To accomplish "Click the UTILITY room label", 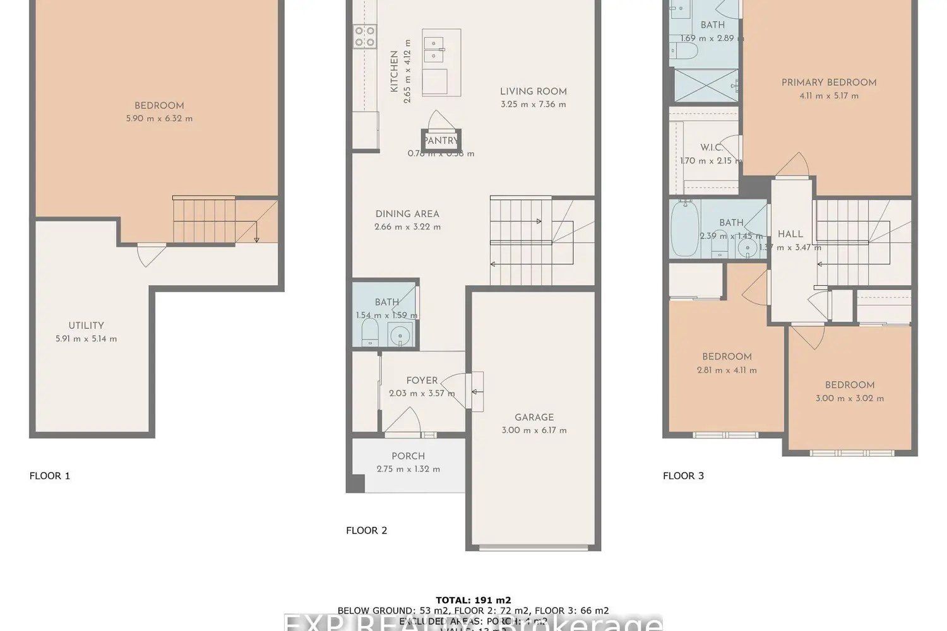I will click(86, 326).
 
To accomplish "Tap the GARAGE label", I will click(534, 417).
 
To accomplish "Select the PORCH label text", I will click(408, 456).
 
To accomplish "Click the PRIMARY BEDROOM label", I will click(829, 82).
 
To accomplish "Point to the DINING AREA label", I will click(407, 214).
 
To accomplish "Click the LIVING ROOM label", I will click(533, 91).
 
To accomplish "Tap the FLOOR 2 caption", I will click(367, 530).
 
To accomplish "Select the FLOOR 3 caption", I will click(683, 476).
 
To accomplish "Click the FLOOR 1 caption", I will click(50, 476).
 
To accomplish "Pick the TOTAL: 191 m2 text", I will click(473, 600).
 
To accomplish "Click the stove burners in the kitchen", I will click(364, 37).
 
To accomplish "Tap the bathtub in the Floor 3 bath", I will click(684, 228).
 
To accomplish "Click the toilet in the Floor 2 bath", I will click(369, 332).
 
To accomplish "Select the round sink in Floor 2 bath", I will click(399, 334).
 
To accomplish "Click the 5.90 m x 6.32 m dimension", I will click(159, 119).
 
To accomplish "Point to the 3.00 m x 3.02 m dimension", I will click(849, 398).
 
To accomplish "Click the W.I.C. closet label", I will click(711, 148).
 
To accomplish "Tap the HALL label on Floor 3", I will click(790, 234).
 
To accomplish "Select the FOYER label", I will click(422, 380).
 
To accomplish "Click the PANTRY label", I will click(441, 141).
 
